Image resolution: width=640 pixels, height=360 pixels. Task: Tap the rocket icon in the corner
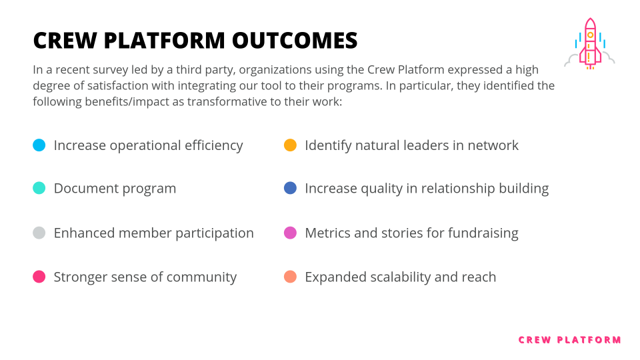click(590, 45)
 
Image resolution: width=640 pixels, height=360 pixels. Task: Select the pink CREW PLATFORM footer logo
click(569, 340)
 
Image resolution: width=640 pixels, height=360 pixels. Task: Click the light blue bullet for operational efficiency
click(39, 145)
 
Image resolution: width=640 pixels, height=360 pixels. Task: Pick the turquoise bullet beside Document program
click(39, 188)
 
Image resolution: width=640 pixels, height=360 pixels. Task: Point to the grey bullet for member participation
click(39, 233)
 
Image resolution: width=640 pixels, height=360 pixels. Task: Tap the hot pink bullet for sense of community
click(39, 277)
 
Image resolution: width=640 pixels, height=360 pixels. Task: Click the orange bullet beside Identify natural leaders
click(290, 145)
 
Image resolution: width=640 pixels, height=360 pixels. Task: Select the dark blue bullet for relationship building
click(290, 188)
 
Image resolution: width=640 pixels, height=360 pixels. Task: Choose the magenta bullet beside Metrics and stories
click(290, 233)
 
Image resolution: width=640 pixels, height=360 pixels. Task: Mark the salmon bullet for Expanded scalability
click(290, 277)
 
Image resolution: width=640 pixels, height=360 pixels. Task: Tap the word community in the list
click(203, 277)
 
